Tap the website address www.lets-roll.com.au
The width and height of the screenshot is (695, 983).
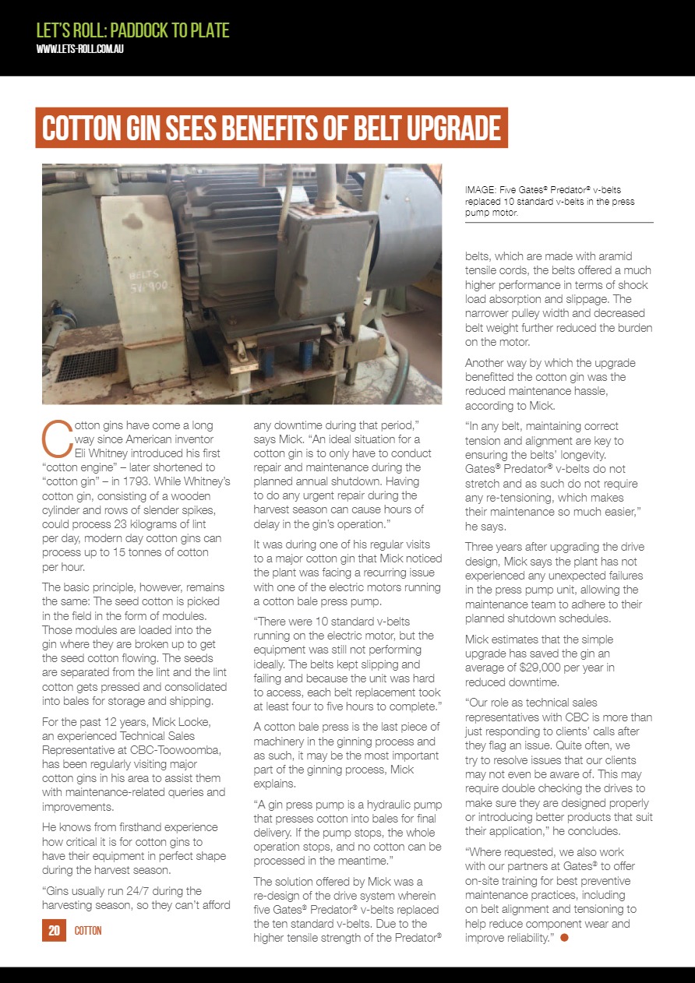(x=81, y=49)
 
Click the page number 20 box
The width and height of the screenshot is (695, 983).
(x=54, y=930)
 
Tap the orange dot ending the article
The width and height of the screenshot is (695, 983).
(x=564, y=937)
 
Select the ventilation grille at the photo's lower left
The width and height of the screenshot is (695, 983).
(x=86, y=363)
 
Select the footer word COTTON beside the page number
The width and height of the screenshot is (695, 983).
(x=88, y=931)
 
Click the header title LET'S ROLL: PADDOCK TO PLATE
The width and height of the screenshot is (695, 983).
(x=133, y=30)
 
